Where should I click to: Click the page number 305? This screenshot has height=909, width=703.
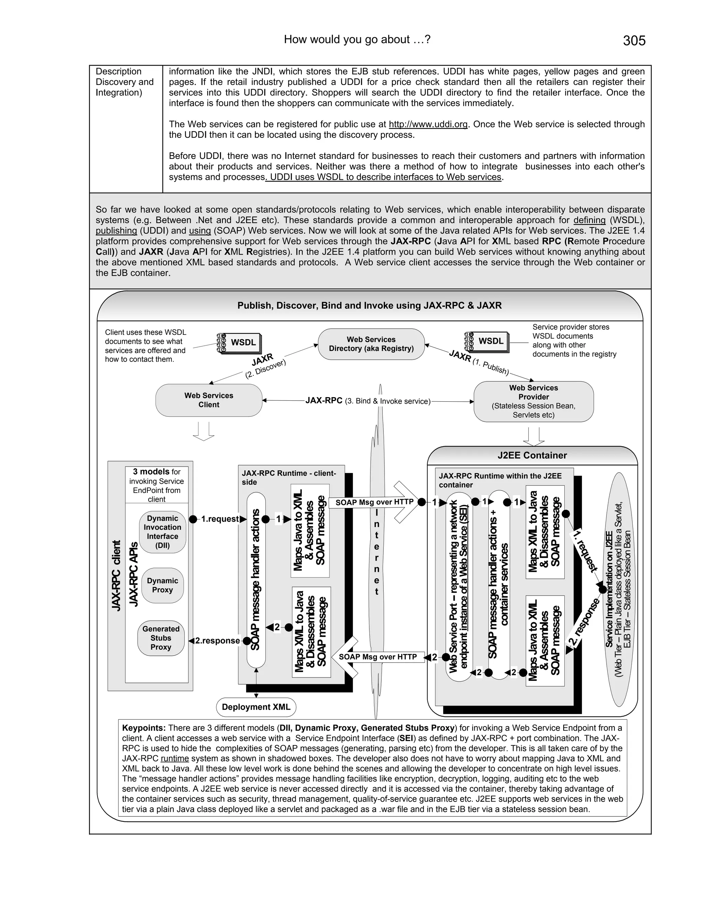634,40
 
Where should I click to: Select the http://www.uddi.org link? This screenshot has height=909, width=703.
428,124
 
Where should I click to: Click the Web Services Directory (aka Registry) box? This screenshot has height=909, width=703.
371,344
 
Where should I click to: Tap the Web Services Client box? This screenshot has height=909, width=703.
209,400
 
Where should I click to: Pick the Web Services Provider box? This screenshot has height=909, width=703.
533,401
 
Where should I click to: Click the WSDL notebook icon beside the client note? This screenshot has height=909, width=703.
239,343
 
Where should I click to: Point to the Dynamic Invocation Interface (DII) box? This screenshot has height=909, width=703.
162,531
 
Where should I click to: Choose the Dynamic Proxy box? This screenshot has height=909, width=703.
162,585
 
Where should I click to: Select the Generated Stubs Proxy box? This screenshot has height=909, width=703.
161,638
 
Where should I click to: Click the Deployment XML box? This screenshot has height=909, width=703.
256,707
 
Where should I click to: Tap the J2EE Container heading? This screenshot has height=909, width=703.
532,455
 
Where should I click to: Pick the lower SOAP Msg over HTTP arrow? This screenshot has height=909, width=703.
377,657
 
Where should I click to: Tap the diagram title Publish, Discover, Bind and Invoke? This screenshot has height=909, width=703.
369,306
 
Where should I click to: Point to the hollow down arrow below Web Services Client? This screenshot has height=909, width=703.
203,432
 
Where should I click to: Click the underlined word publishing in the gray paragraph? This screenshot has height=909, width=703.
116,231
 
